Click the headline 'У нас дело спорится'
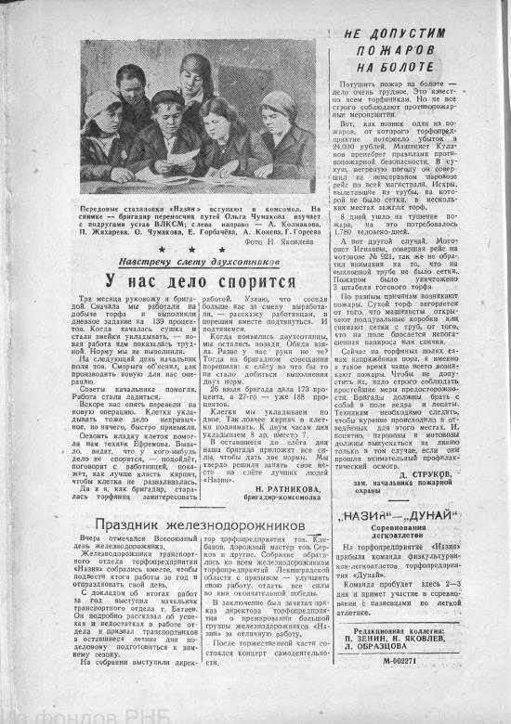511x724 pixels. tap(186, 280)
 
